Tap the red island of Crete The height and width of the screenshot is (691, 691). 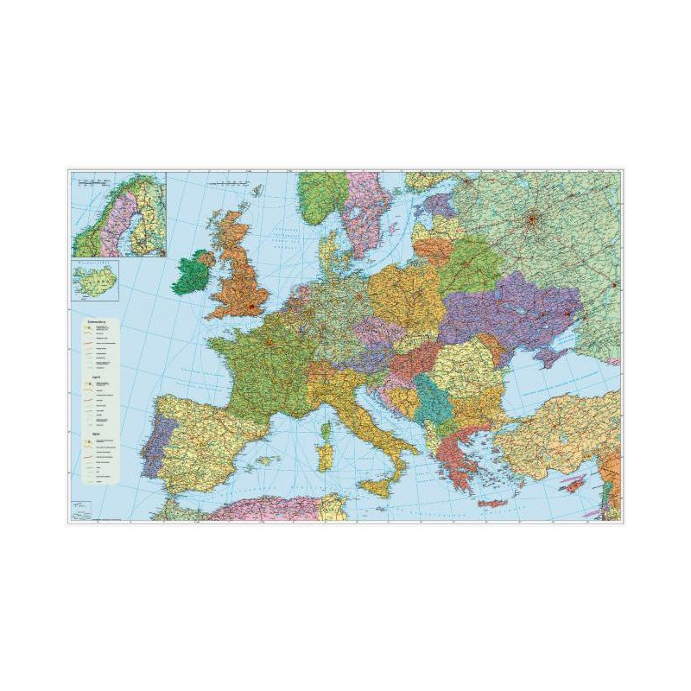pos(491,503)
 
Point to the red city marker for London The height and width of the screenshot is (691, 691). pos(252,305)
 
